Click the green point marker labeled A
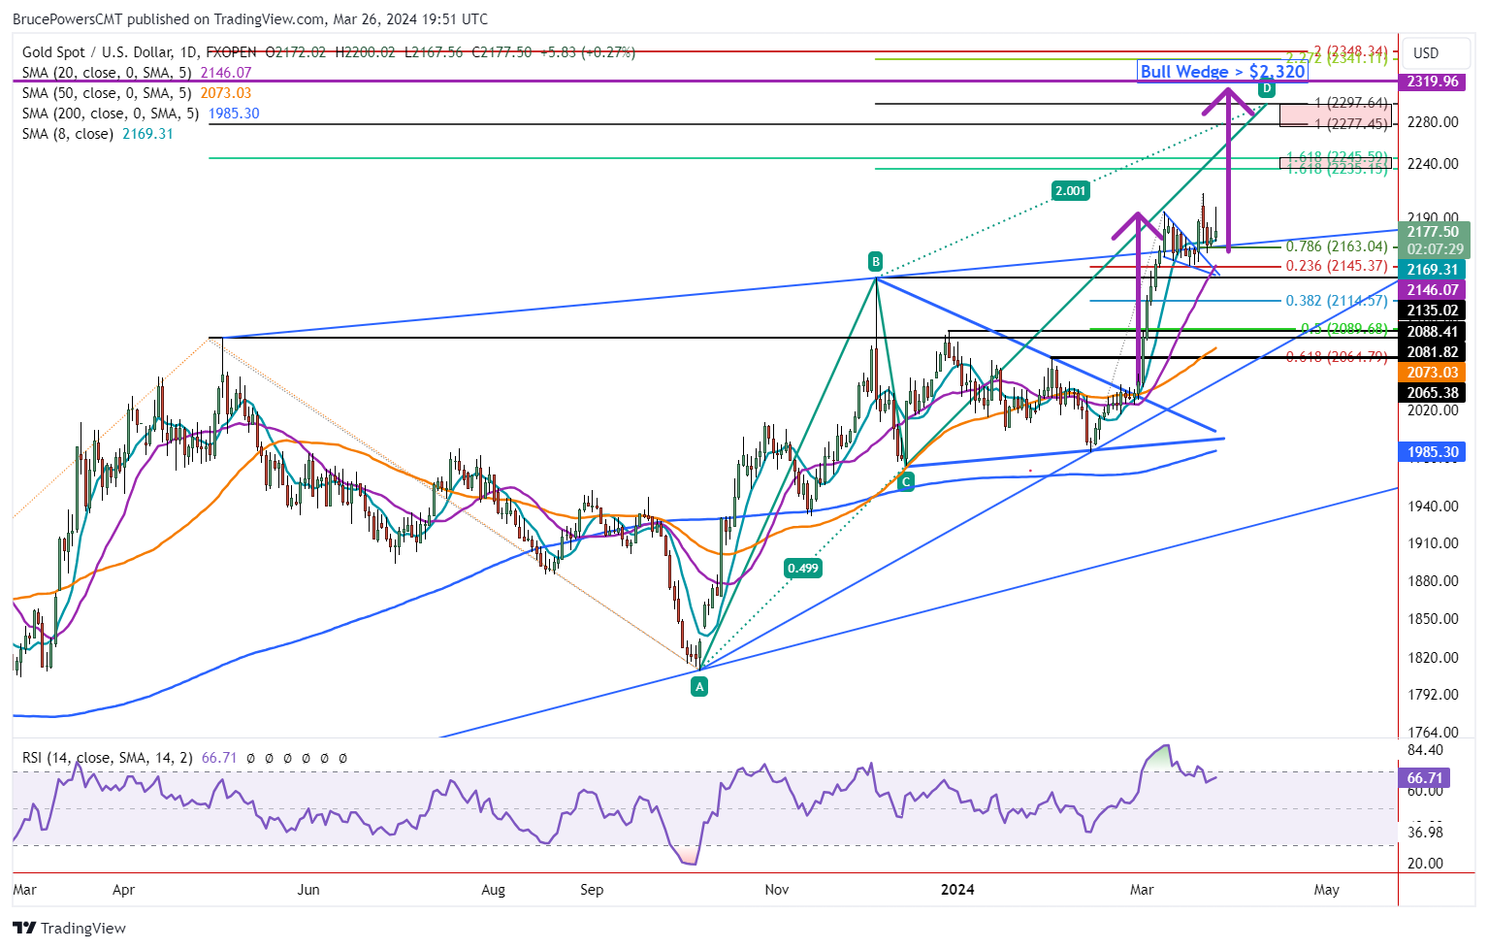(698, 687)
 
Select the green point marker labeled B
(875, 261)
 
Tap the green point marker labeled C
(906, 481)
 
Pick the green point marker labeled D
(1266, 89)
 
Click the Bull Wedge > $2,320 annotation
(1222, 72)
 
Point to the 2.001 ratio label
(1070, 191)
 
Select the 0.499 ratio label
(802, 569)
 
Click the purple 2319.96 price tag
(1433, 82)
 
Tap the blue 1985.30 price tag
(1433, 452)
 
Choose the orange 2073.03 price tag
(1433, 373)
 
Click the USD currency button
(1426, 53)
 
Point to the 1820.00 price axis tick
(1433, 658)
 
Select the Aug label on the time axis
(493, 890)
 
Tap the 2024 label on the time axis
(958, 890)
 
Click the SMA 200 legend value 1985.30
(234, 114)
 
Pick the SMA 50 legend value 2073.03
(226, 93)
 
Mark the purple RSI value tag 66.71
(1425, 778)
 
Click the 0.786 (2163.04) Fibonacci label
(1336, 246)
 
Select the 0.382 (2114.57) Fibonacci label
(1336, 301)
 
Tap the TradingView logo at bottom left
(70, 929)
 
